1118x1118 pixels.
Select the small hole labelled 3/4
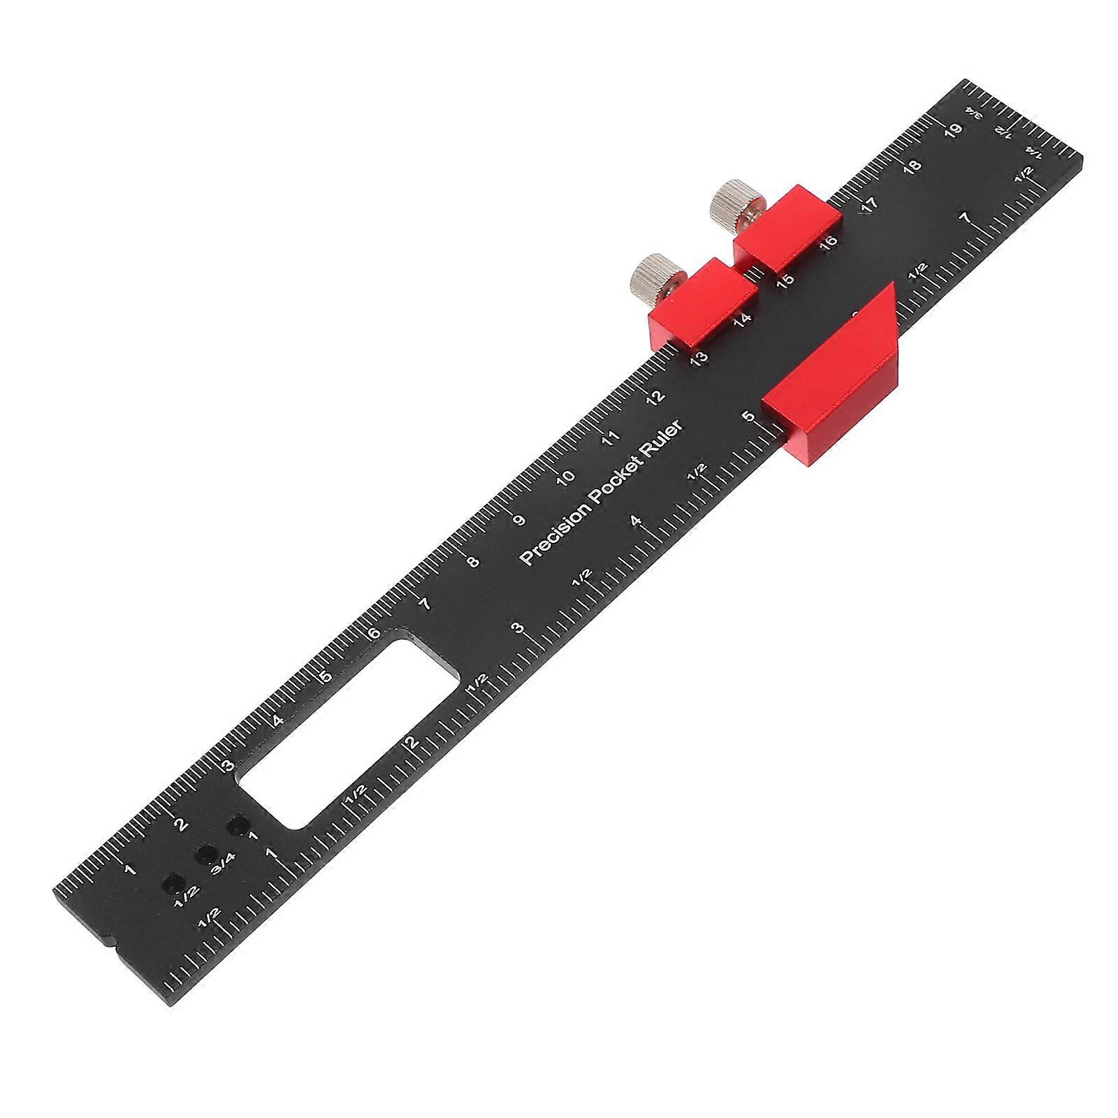[205, 853]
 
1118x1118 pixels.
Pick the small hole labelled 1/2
[172, 884]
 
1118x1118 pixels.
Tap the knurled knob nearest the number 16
[727, 206]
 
